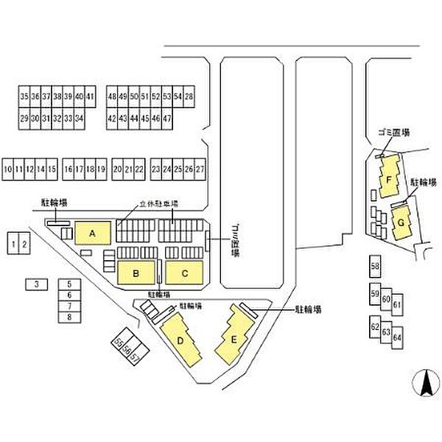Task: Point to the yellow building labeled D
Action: point(180,340)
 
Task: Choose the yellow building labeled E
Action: point(234,338)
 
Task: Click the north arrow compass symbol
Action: point(425,385)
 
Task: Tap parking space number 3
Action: point(35,283)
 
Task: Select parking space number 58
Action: point(375,265)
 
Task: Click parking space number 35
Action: point(24,97)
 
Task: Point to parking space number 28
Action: point(189,97)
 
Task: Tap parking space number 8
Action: point(69,317)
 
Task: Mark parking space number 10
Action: point(7,169)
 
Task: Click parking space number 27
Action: point(200,169)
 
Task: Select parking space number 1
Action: point(13,242)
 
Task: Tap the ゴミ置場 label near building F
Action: point(393,133)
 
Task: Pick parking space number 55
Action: point(118,343)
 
